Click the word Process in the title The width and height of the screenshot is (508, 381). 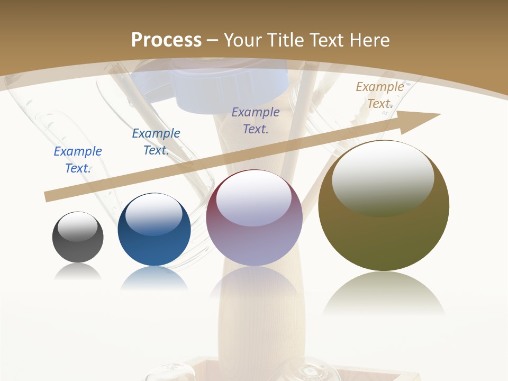pyautogui.click(x=166, y=40)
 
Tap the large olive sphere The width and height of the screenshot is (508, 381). pyautogui.click(x=384, y=233)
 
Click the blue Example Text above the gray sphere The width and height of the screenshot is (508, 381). pyautogui.click(x=78, y=160)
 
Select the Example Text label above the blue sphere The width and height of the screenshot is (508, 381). pyautogui.click(x=156, y=142)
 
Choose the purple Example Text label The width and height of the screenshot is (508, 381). pyautogui.click(x=256, y=121)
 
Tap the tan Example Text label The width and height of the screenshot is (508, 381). pyautogui.click(x=379, y=95)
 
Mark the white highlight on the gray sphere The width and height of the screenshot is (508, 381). pyautogui.click(x=77, y=226)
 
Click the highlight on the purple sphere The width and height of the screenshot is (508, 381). pyautogui.click(x=253, y=199)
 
